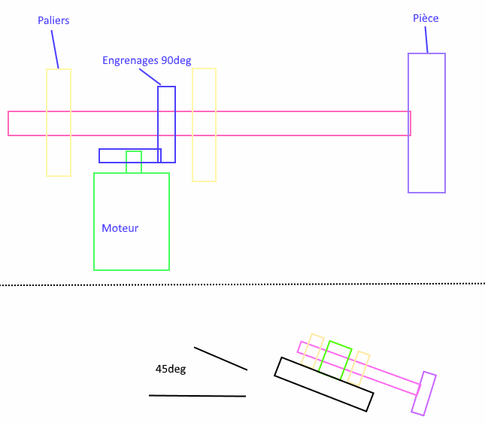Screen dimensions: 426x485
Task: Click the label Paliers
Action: click(53, 20)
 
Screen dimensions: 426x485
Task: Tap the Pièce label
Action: click(426, 17)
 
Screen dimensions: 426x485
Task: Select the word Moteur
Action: click(120, 227)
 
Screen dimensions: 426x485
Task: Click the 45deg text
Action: click(171, 369)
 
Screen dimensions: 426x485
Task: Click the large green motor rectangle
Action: click(132, 248)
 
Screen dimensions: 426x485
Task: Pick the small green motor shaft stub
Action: click(134, 162)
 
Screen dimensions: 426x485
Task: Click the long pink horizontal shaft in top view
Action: click(301, 123)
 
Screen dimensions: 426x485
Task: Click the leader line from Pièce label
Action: click(426, 40)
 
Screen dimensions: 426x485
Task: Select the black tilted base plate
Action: click(323, 384)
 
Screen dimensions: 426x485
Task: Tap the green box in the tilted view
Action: click(335, 360)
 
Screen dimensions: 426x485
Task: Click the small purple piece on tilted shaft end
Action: click(424, 394)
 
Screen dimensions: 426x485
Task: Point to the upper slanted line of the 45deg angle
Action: click(220, 358)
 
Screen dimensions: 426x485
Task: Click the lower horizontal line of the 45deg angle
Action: click(197, 395)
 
